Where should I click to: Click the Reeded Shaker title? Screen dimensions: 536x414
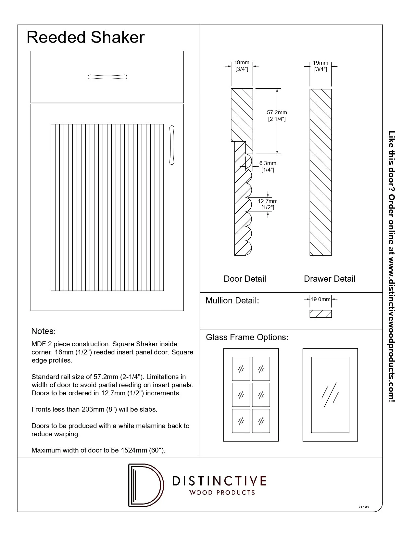[x=85, y=37]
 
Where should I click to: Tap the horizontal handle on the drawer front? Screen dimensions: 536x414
[x=107, y=77]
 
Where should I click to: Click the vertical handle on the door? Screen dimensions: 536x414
[x=172, y=145]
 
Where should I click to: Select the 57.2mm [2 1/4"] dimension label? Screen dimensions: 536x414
[x=277, y=116]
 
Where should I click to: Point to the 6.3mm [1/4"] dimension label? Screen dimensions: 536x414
[x=268, y=166]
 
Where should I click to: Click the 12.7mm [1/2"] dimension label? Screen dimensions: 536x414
[x=268, y=204]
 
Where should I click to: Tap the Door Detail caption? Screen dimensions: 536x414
[x=245, y=279]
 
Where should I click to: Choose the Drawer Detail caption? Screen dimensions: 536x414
[x=329, y=279]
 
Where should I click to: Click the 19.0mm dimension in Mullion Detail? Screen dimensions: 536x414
[x=320, y=299]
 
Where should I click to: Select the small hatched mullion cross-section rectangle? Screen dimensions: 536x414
[x=320, y=314]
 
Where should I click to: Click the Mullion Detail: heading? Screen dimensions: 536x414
[x=232, y=300]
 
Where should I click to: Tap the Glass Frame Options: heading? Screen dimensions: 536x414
[x=247, y=337]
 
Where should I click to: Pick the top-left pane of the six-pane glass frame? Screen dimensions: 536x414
[x=241, y=369]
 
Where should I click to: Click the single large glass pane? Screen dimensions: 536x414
[x=330, y=395]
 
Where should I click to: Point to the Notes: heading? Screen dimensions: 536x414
[x=44, y=331]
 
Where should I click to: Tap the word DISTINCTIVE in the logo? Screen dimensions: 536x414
[x=219, y=480]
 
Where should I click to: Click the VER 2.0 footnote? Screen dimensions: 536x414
[x=364, y=507]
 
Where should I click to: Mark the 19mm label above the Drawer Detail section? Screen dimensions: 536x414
[x=320, y=63]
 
